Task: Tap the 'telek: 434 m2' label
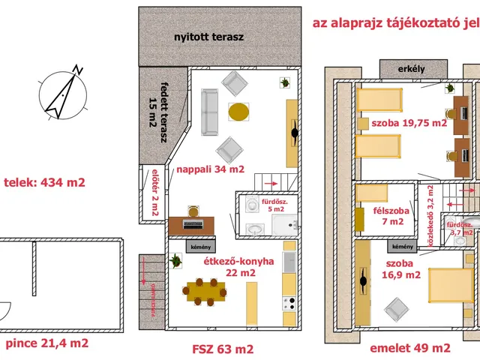tap(45, 182)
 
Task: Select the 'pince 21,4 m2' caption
tap(47, 343)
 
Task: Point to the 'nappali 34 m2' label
tap(211, 169)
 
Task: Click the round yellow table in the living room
tap(239, 112)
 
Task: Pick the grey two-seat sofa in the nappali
tap(208, 109)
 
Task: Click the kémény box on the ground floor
tap(192, 245)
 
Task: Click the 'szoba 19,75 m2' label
tap(409, 123)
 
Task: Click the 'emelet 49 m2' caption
tap(409, 349)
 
